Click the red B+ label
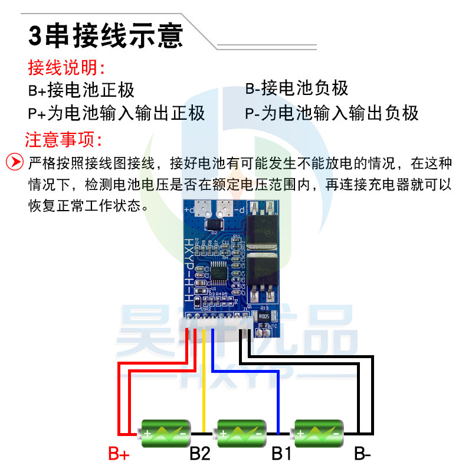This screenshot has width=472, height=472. pos(119,455)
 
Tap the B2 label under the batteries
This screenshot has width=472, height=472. pos(199,454)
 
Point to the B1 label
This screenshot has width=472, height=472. pos(281,454)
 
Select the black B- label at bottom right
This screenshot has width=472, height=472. pos(362,454)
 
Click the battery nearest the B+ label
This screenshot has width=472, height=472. pos(165,434)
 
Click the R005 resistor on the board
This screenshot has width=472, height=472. pos(264,317)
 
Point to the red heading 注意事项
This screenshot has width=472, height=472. pos(63,140)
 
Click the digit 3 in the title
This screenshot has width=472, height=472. pos(35,35)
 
